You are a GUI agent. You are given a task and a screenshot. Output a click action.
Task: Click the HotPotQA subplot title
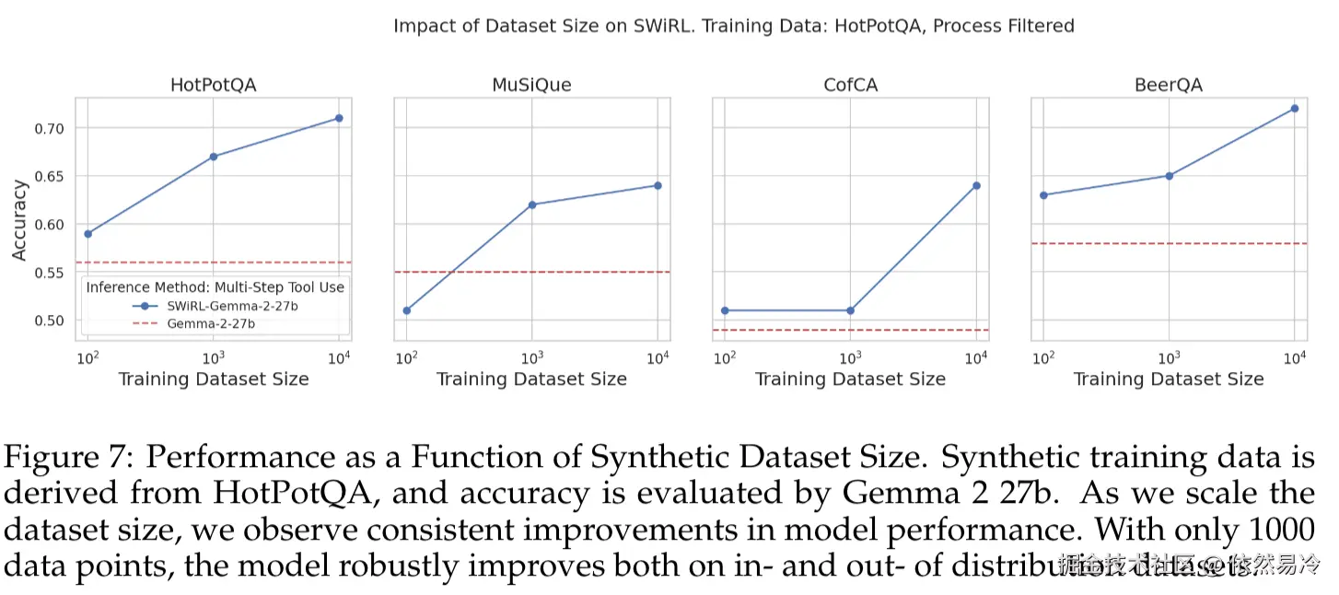point(213,86)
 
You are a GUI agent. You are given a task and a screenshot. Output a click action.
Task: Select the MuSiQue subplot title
point(531,86)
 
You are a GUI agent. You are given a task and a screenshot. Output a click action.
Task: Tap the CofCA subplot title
point(850,86)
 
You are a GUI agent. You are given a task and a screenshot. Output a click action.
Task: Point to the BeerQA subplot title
point(1169,86)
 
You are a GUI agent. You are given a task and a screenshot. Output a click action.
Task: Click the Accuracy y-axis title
point(19,220)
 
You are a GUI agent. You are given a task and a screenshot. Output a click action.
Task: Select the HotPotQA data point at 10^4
point(339,118)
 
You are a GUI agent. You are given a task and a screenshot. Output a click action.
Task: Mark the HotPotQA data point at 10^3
point(214,157)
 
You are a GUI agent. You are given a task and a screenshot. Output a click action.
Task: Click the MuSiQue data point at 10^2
point(406,310)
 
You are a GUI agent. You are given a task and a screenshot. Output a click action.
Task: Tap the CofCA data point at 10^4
point(976,185)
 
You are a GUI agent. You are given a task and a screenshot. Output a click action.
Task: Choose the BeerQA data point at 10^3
point(1170,176)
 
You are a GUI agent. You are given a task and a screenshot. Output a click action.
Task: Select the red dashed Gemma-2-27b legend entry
point(211,324)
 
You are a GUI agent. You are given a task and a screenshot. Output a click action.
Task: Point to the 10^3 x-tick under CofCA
point(850,357)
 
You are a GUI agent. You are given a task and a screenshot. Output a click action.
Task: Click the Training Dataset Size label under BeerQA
point(1169,379)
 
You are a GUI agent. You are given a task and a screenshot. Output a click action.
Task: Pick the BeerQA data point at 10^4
point(1295,109)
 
